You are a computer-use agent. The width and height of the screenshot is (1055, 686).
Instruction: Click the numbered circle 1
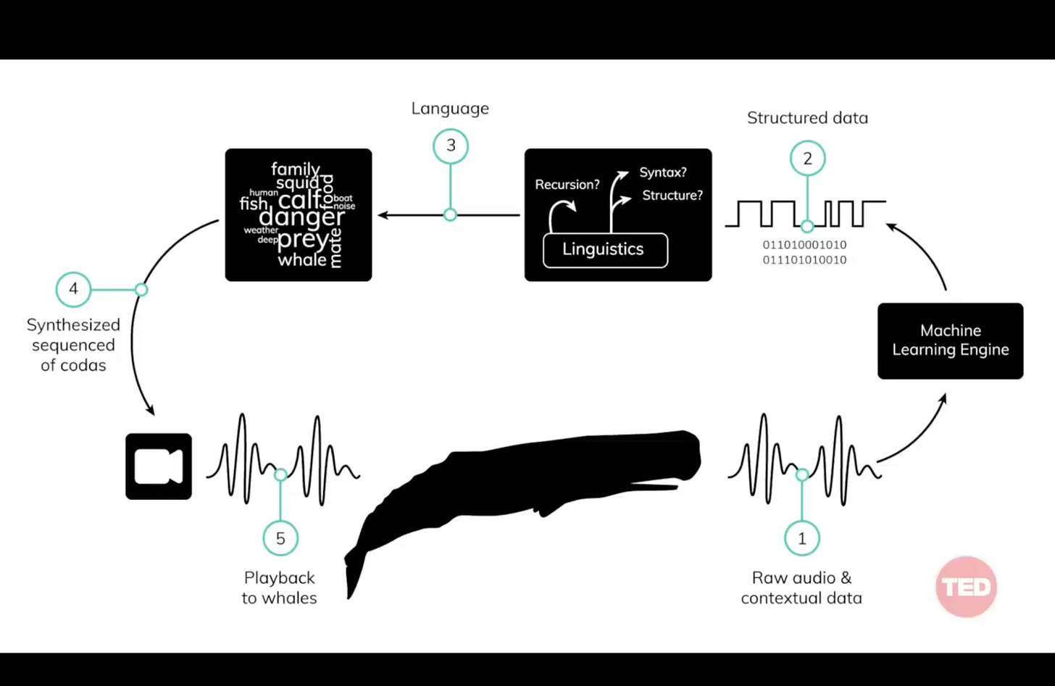coord(801,538)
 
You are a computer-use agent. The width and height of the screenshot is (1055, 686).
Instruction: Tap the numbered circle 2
coord(807,159)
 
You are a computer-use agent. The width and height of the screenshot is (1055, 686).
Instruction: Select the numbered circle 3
coord(451,146)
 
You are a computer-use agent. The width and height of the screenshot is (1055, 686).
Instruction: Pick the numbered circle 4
coord(73,289)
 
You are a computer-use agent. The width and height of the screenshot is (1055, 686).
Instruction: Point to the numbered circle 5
coord(280,538)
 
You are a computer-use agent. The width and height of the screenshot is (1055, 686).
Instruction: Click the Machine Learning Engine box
coord(950,340)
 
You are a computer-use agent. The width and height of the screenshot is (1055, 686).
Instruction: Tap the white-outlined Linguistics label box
coord(605,250)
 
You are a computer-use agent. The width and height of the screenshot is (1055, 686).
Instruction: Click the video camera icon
coord(159,467)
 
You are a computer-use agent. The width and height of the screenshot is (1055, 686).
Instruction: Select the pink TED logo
coord(966,587)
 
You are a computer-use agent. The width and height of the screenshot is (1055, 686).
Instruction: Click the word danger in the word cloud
coord(301,217)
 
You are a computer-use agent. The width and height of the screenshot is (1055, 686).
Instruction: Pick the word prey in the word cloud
coord(302,238)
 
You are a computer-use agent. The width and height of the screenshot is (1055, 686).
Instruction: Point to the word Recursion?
coord(567,185)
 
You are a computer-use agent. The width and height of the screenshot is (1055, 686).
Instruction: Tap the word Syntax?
coord(663,172)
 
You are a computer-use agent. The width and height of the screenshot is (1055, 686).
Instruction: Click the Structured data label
coord(807,118)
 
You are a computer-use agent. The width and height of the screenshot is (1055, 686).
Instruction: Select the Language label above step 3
coord(450,109)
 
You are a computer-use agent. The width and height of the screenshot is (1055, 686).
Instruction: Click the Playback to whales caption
coord(280,587)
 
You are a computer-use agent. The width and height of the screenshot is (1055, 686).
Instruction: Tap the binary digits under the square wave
coord(804,252)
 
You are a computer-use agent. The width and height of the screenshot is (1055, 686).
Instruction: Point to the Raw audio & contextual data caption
coord(801,587)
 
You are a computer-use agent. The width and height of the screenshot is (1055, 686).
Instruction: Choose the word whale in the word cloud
coord(302,259)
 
